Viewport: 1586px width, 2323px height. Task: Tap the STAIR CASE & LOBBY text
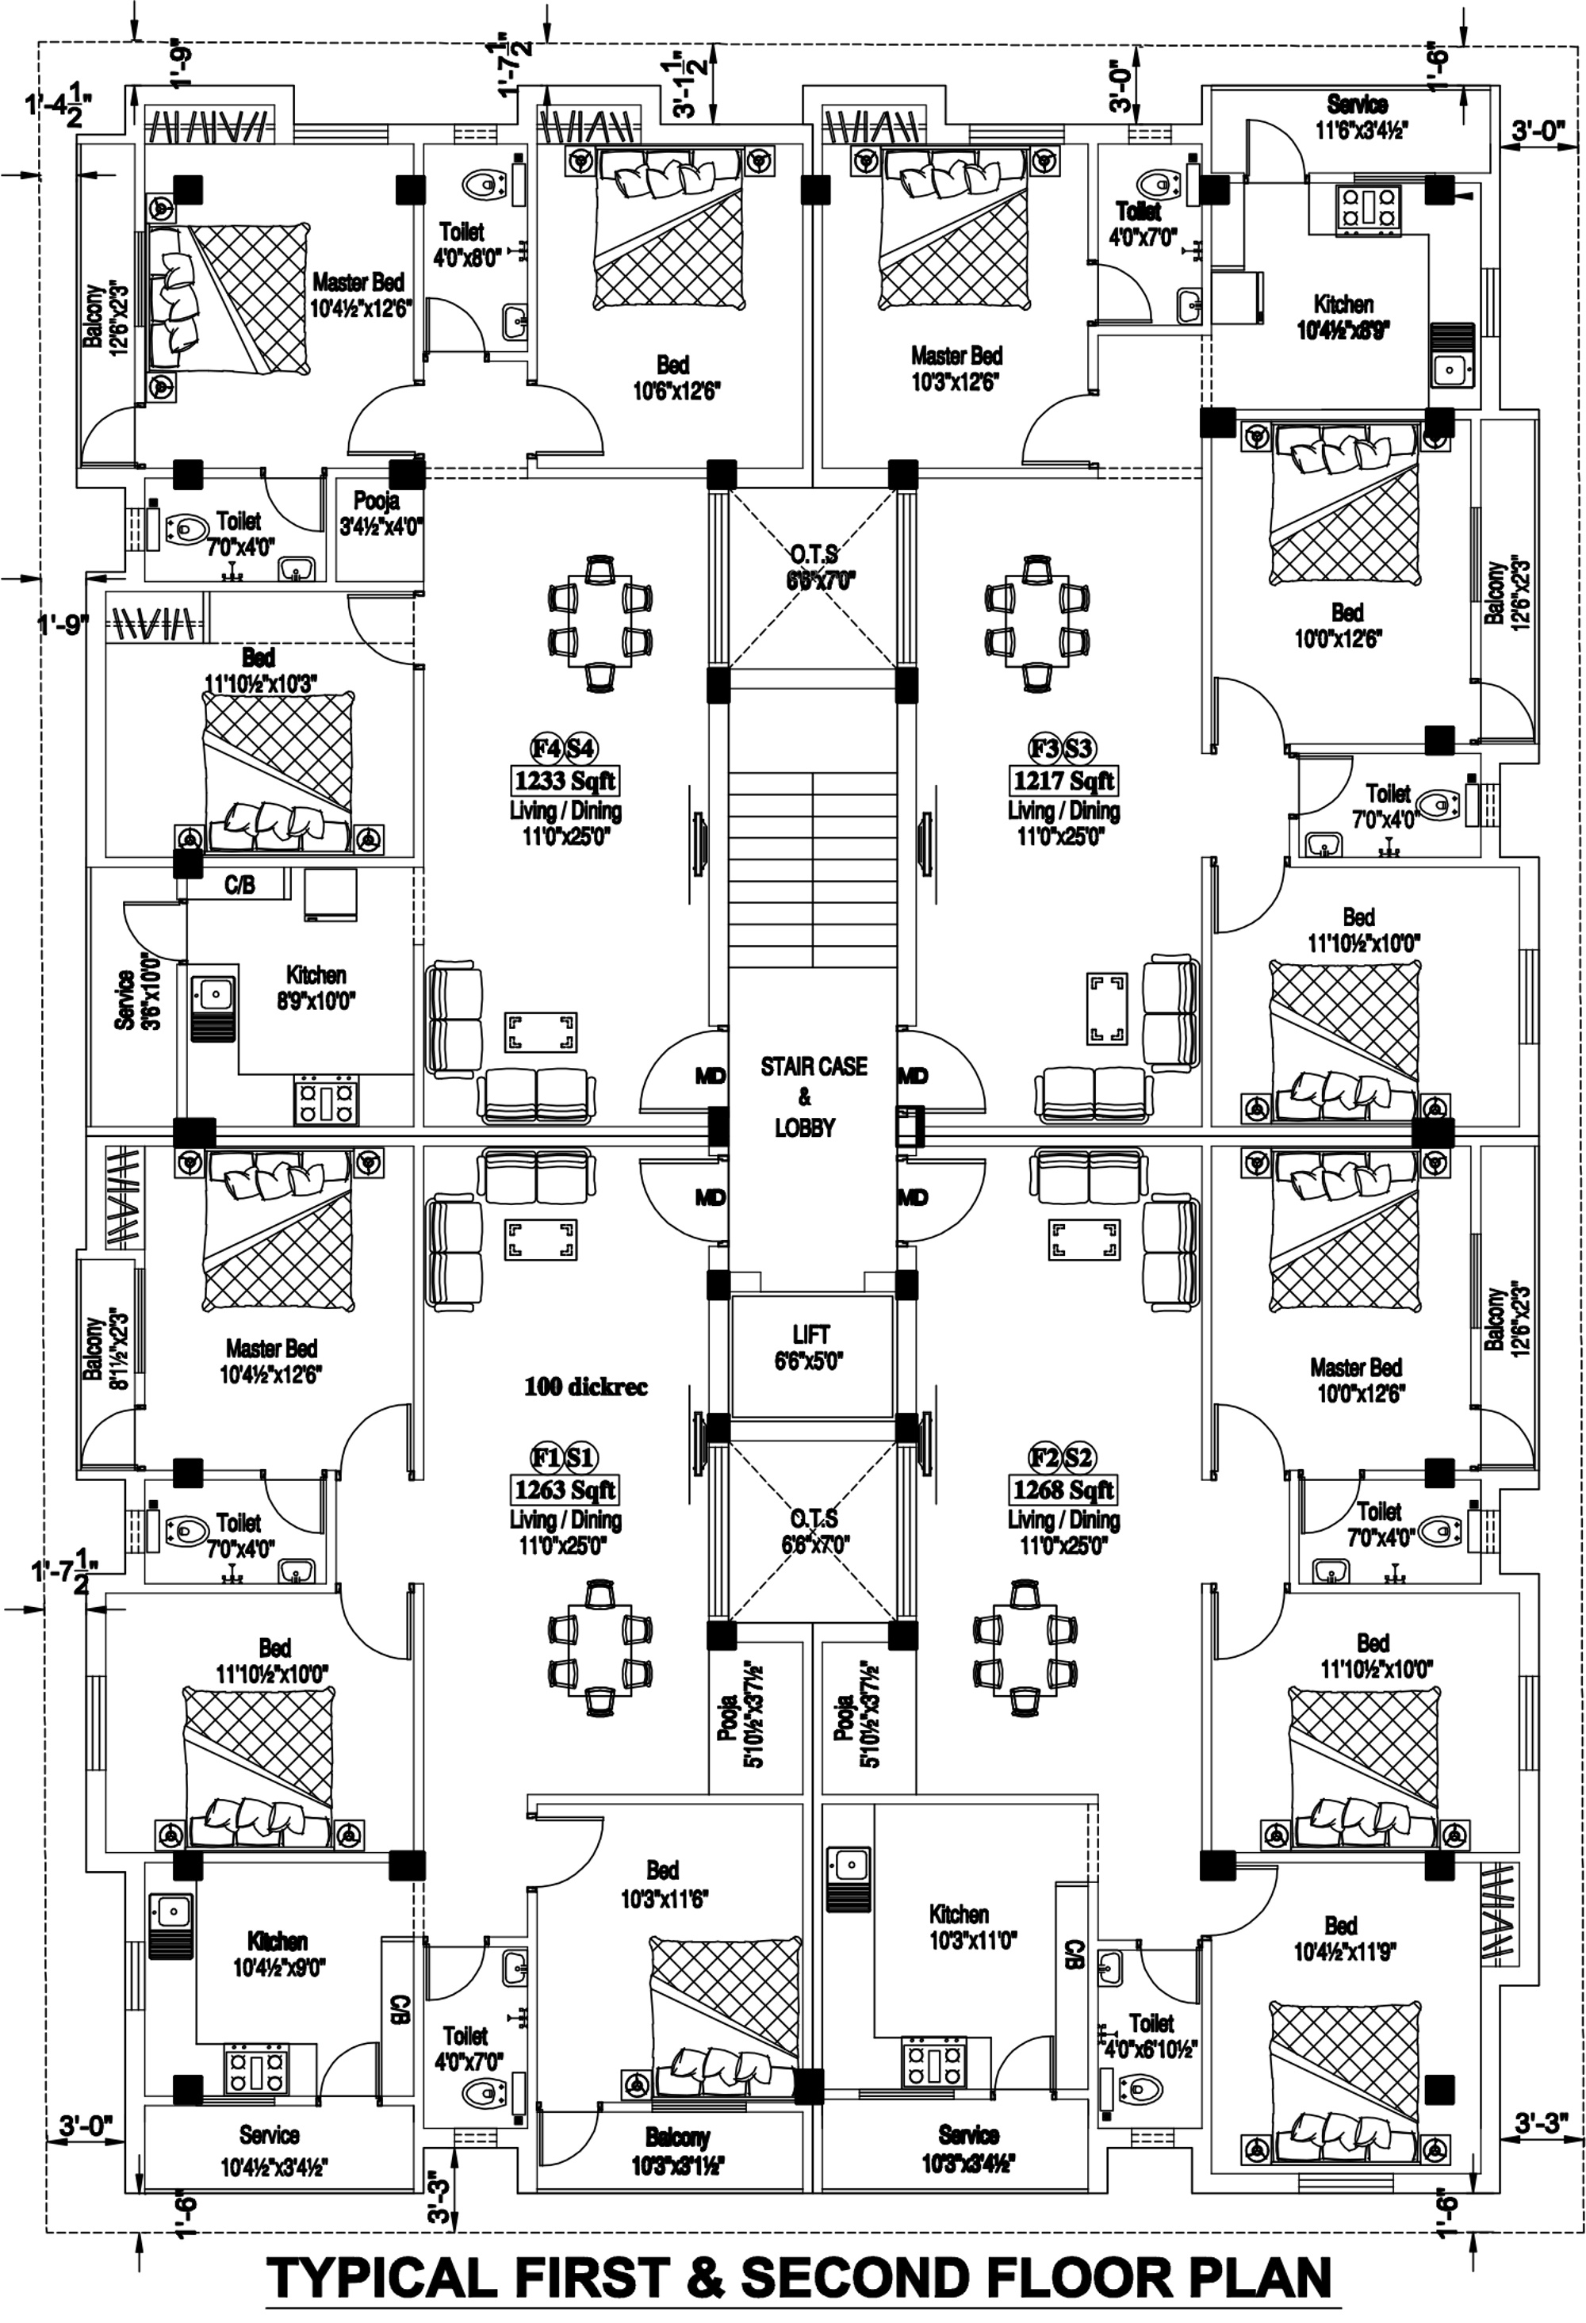(811, 1096)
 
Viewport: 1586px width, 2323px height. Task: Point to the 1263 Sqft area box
(564, 1490)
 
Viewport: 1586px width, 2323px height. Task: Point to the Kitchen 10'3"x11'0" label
(958, 1927)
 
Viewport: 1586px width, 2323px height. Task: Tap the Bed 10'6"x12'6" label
(675, 378)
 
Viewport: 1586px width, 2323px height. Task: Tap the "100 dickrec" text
(585, 1387)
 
